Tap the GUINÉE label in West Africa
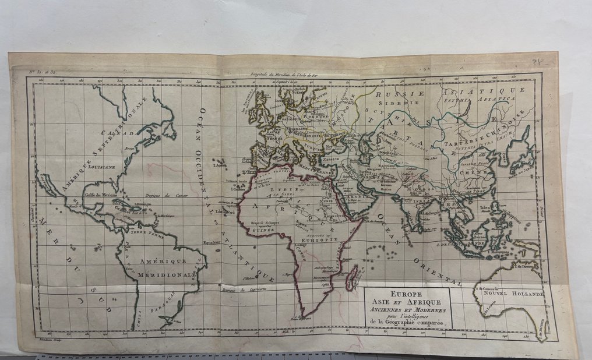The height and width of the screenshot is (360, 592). click(x=264, y=231)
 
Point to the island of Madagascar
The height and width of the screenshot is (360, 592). click(x=351, y=277)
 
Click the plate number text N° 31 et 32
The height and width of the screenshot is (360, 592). click(x=42, y=73)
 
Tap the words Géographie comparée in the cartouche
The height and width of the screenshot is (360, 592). click(x=406, y=322)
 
